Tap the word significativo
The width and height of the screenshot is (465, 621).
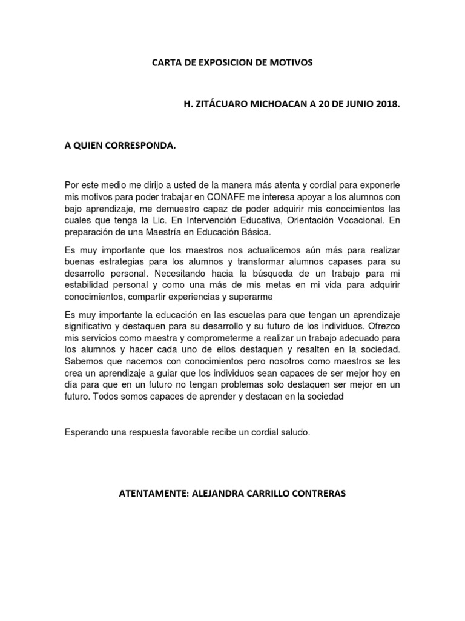[90, 326]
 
